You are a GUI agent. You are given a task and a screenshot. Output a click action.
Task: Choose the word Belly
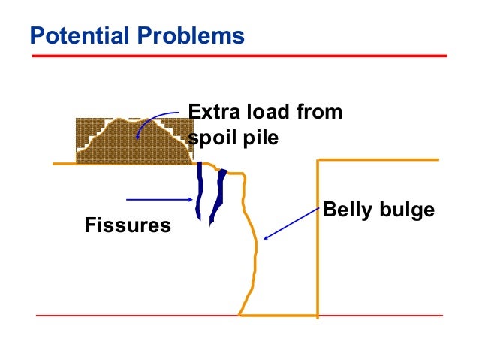pyautogui.click(x=348, y=210)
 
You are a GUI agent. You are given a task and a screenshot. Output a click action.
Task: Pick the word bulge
pyautogui.click(x=407, y=210)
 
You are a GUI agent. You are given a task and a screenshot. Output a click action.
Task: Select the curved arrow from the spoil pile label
pyautogui.click(x=158, y=120)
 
